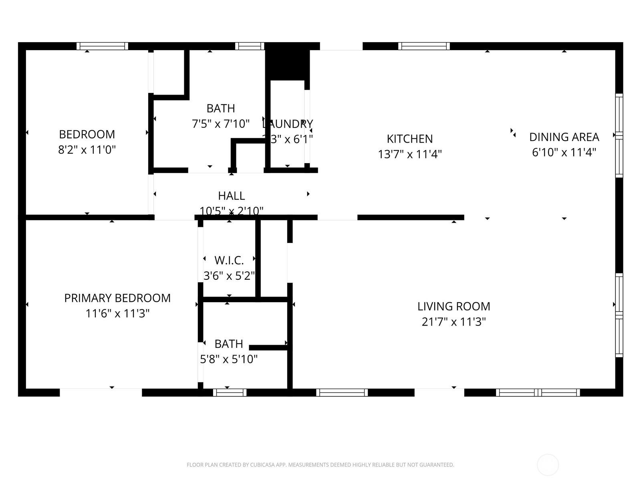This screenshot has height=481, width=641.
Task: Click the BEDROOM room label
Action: (x=87, y=134)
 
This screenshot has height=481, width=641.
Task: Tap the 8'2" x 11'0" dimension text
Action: (x=87, y=150)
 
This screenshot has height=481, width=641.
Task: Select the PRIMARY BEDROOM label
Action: (x=117, y=298)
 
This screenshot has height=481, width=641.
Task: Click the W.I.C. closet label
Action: (x=229, y=261)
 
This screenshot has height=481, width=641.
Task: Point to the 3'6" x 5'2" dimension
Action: (x=229, y=276)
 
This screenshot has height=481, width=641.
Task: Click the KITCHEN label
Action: (x=409, y=139)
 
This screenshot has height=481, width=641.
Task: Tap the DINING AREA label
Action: (x=564, y=137)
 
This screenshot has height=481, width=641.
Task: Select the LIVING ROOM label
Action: (x=454, y=307)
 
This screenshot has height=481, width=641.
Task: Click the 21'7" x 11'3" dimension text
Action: (x=454, y=322)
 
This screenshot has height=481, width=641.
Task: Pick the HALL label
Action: (x=231, y=196)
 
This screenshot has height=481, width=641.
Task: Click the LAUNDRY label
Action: (x=287, y=124)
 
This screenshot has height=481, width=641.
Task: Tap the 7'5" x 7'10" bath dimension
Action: (x=221, y=124)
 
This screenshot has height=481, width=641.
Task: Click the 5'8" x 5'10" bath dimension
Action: (x=229, y=359)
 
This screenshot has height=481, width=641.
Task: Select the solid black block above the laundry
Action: (x=287, y=65)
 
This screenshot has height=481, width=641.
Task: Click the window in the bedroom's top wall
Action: (x=103, y=46)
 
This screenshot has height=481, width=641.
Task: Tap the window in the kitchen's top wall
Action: (x=424, y=46)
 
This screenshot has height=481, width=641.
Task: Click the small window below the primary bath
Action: (x=230, y=392)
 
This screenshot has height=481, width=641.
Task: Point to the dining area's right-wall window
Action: (x=619, y=135)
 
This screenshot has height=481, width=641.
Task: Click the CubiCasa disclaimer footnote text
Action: (x=320, y=465)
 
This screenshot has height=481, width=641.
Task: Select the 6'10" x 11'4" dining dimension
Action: (x=564, y=153)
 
